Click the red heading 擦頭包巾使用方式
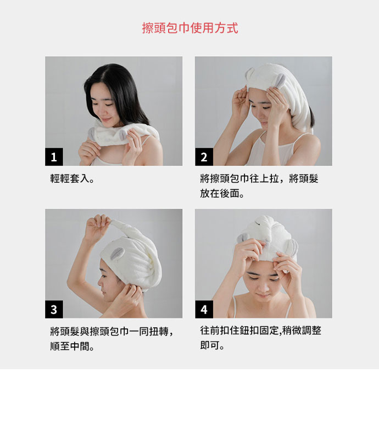[189, 28]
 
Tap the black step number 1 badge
[53, 157]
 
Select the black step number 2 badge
[203, 157]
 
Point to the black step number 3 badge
[53, 310]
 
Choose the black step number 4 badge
[203, 310]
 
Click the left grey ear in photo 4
[243, 238]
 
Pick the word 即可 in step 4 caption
[209, 347]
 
